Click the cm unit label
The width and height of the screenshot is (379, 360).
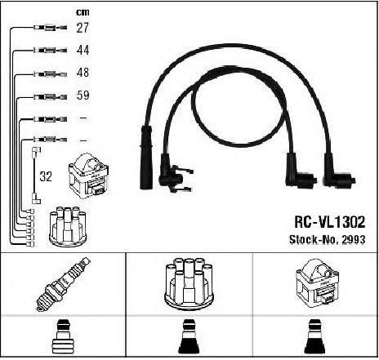(82, 12)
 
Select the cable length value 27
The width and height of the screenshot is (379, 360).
(82, 28)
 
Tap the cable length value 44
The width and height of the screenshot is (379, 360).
(82, 50)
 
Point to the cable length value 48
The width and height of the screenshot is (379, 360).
(82, 73)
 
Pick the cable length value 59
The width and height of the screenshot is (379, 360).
(82, 95)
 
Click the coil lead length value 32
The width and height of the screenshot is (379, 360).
(46, 176)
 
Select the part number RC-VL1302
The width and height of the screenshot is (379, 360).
(329, 222)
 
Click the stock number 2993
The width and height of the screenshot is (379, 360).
(354, 239)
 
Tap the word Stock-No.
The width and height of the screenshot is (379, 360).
(314, 239)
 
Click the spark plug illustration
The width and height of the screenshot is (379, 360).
(63, 283)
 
